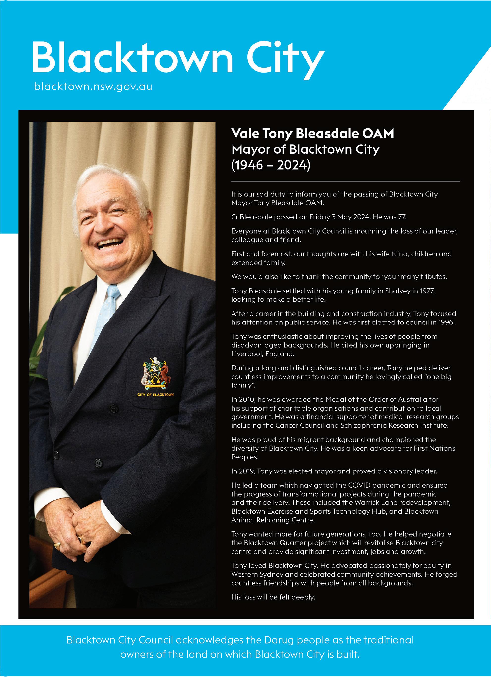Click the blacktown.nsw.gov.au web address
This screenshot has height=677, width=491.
pos(93,87)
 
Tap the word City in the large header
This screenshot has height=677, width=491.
pos(285,58)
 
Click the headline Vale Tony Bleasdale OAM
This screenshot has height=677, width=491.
pos(312,133)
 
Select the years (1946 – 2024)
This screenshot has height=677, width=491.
pos(271,165)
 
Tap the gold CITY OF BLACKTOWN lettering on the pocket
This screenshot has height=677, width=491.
pos(155,395)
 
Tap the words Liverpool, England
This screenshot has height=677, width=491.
pos(263,354)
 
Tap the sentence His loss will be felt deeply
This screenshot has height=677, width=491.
pos(273,597)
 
